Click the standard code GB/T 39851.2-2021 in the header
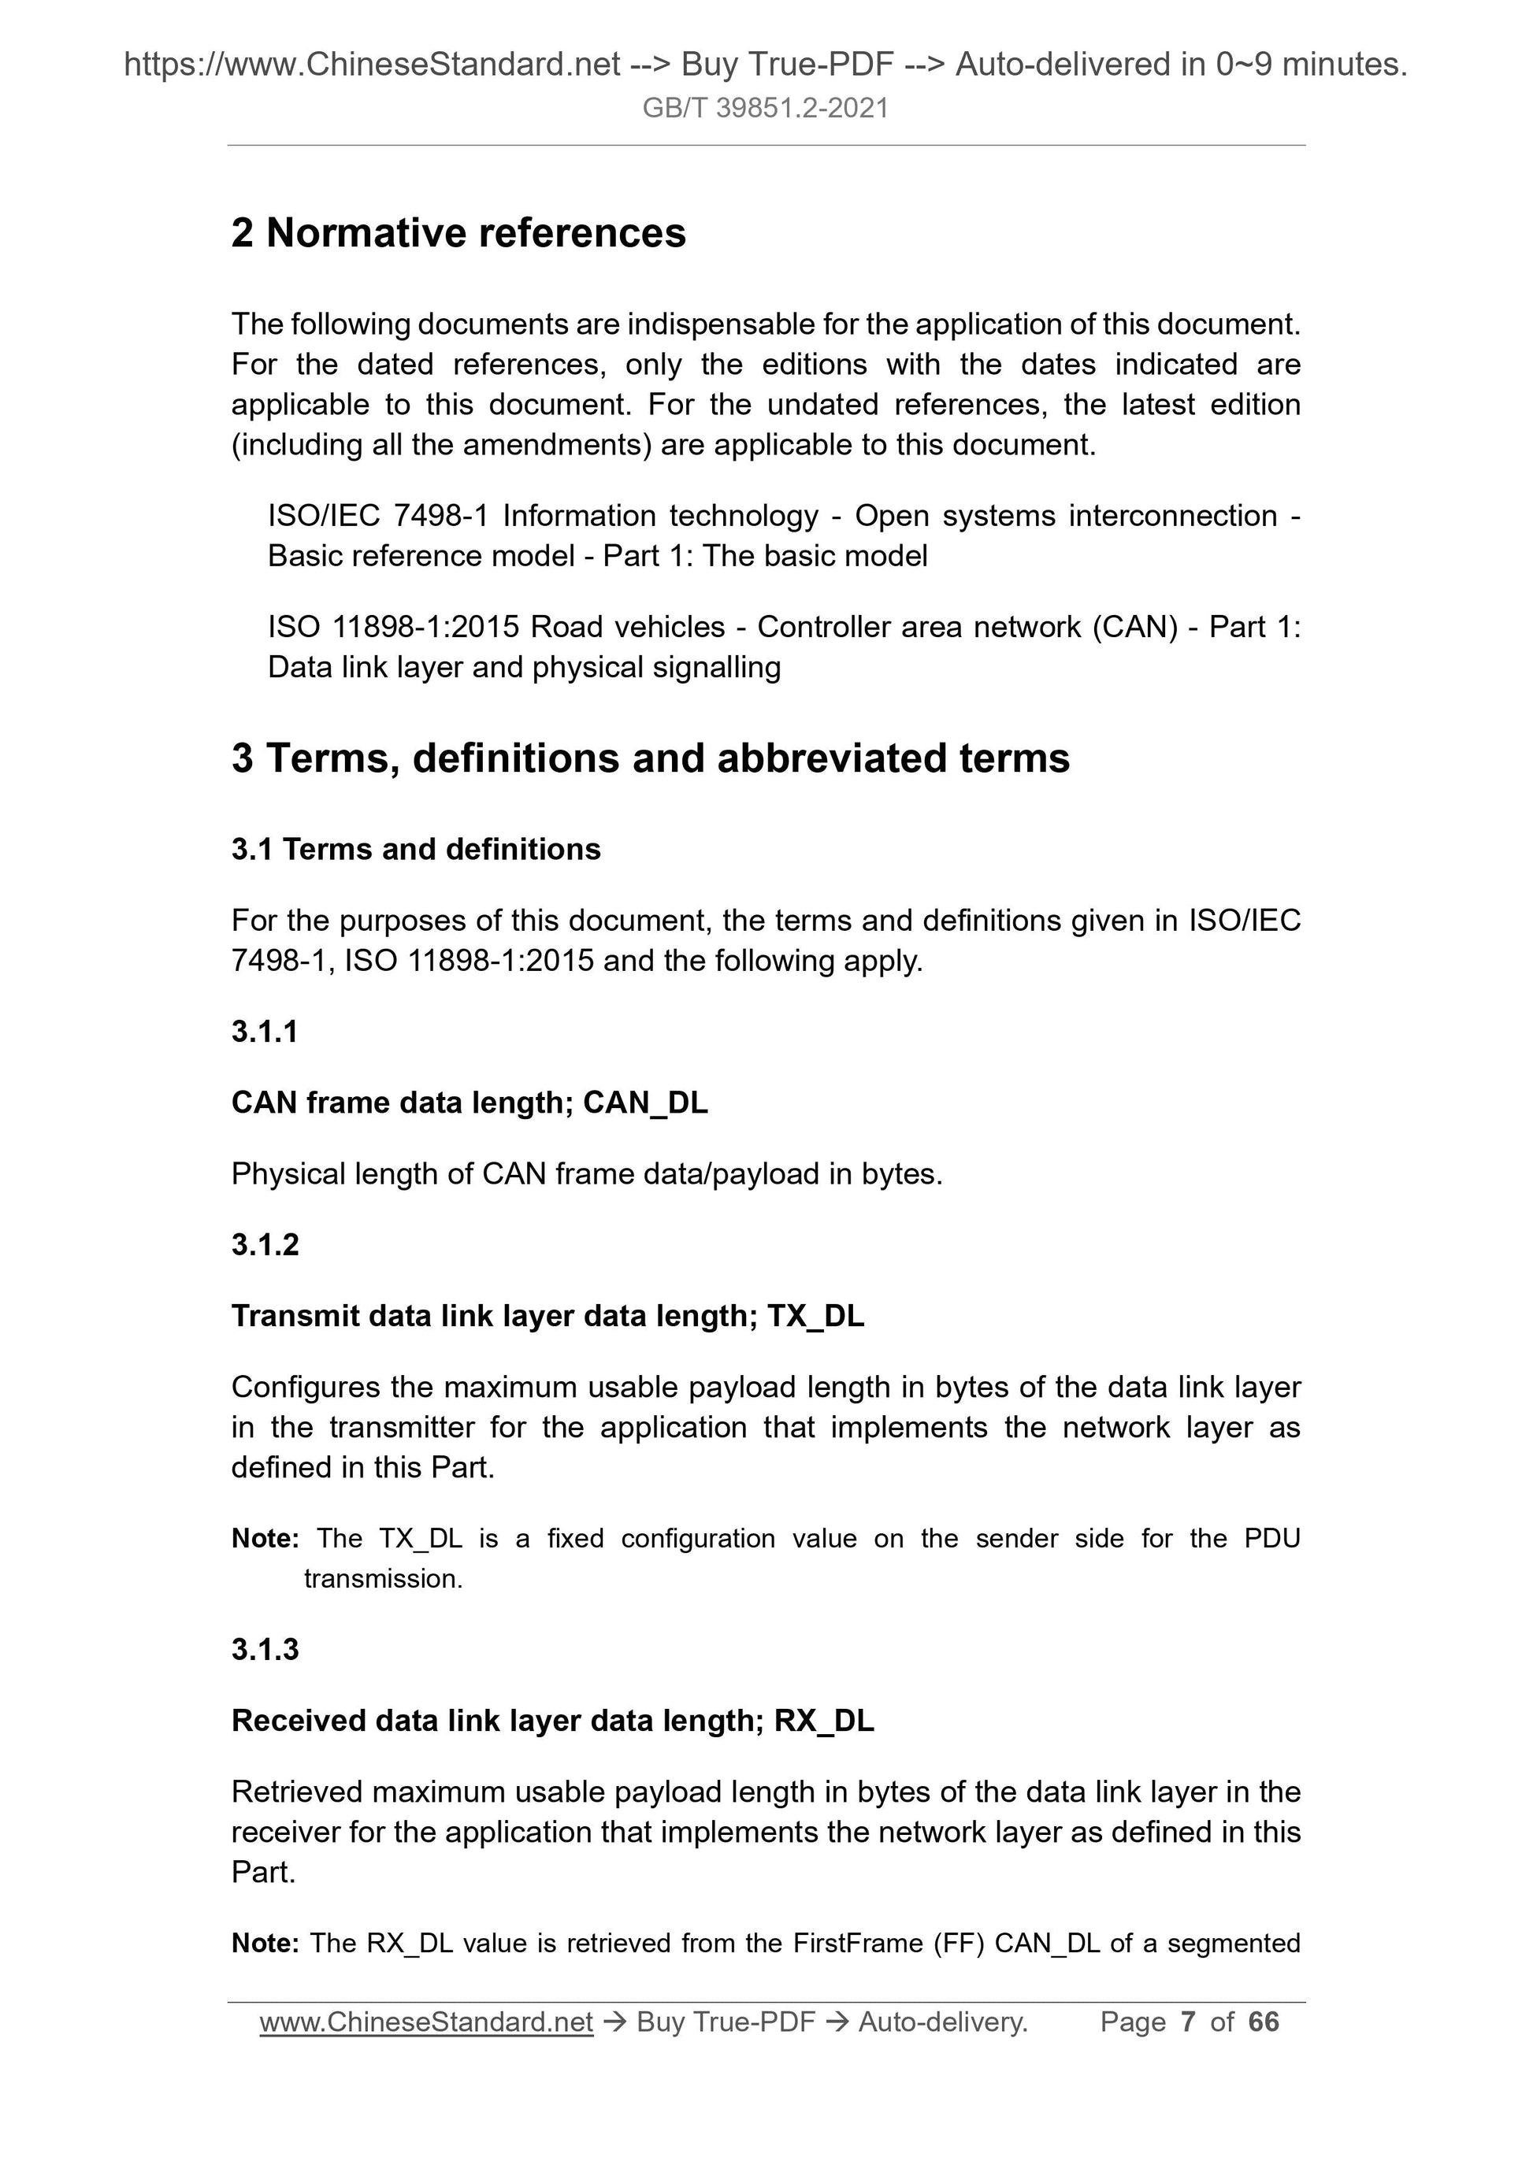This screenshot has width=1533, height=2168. [x=765, y=109]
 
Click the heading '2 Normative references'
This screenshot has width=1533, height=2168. [x=458, y=233]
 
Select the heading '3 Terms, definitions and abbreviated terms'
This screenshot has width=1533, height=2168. [x=650, y=758]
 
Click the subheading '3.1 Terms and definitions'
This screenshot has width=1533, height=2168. [x=416, y=850]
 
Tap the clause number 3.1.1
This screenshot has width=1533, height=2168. [x=265, y=1032]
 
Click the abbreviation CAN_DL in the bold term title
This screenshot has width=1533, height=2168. [x=645, y=1103]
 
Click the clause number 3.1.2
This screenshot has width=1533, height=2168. [x=265, y=1246]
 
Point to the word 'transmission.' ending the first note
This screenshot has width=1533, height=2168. [x=384, y=1579]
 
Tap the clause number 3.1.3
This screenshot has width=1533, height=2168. [x=265, y=1650]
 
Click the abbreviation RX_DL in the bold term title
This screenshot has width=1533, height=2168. [x=824, y=1721]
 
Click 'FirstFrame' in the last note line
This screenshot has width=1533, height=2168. [x=858, y=1944]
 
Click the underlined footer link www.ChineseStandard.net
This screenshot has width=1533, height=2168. [x=426, y=2022]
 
